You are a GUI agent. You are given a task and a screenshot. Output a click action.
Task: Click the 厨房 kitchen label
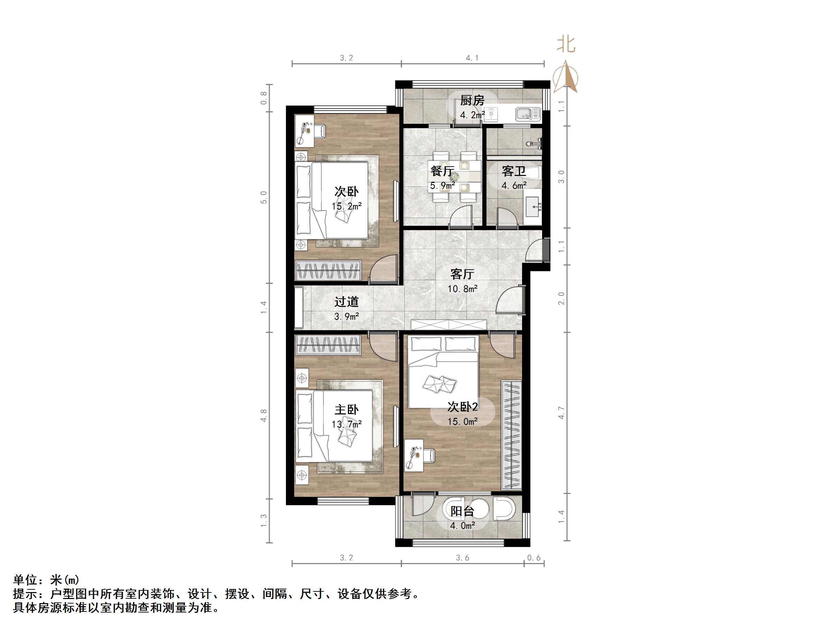point(472,101)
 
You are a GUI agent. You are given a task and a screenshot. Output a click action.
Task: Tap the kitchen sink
point(528,113)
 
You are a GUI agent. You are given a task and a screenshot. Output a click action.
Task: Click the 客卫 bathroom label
point(514,171)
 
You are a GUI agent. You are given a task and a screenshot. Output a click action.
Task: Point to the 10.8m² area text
point(463,289)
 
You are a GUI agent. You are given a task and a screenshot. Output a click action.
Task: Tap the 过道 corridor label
point(346,302)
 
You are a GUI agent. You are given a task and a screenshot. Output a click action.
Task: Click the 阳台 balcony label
point(462,511)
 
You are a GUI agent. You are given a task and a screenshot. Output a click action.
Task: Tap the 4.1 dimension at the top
point(472,58)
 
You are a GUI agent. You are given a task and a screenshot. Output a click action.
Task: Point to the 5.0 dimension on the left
point(263,197)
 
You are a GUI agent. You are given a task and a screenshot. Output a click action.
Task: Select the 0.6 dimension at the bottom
point(534,558)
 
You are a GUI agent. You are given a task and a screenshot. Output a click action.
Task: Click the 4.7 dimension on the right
point(561,413)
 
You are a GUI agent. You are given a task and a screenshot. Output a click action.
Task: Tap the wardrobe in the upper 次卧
point(328,271)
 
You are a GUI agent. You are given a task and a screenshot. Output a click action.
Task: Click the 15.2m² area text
point(346,206)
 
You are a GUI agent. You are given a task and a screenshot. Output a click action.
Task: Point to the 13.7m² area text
point(346,424)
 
